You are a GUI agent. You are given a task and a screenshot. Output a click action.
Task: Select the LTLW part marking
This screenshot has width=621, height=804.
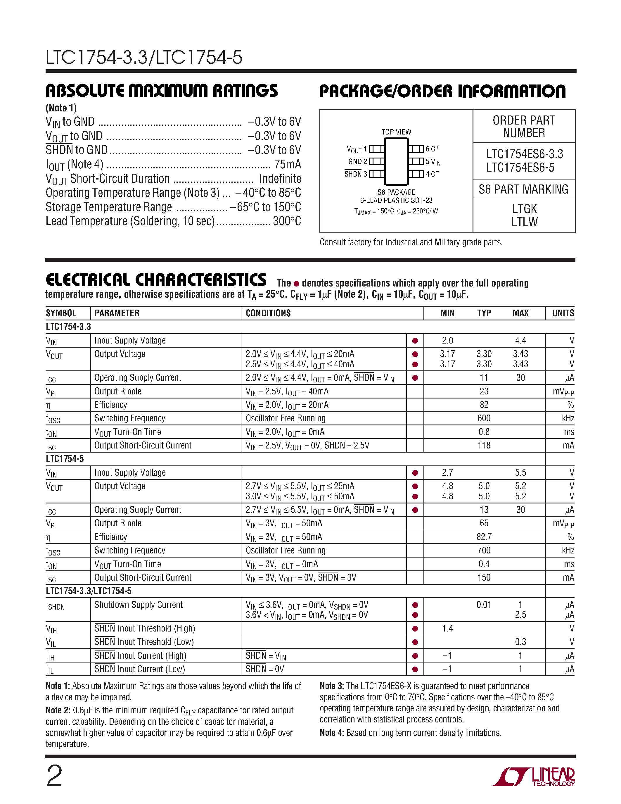pyautogui.click(x=524, y=222)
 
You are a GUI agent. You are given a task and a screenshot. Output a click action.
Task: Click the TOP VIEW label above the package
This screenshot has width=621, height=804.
pyautogui.click(x=396, y=132)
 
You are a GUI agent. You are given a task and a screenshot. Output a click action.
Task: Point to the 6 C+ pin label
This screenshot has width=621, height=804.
pyautogui.click(x=432, y=149)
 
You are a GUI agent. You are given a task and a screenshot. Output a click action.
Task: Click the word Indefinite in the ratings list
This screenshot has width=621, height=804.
pyautogui.click(x=280, y=179)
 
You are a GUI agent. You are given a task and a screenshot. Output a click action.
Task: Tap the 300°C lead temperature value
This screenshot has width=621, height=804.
pyautogui.click(x=287, y=221)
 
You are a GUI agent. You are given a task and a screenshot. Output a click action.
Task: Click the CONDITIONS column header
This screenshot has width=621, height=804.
pyautogui.click(x=268, y=313)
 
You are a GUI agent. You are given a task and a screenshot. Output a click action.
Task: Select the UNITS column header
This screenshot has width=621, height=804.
pyautogui.click(x=563, y=313)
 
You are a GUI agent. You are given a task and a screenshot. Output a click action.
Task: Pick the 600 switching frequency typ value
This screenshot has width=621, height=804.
pyautogui.click(x=484, y=418)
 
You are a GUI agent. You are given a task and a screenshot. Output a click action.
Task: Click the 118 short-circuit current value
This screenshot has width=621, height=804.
pyautogui.click(x=484, y=446)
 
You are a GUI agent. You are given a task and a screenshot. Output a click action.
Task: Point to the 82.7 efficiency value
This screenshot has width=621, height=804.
pyautogui.click(x=484, y=537)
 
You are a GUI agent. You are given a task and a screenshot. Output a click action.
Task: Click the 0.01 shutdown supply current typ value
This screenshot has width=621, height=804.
pyautogui.click(x=484, y=605)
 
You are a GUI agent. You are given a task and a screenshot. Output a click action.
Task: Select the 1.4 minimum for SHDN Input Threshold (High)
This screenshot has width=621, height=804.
pyautogui.click(x=447, y=628)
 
